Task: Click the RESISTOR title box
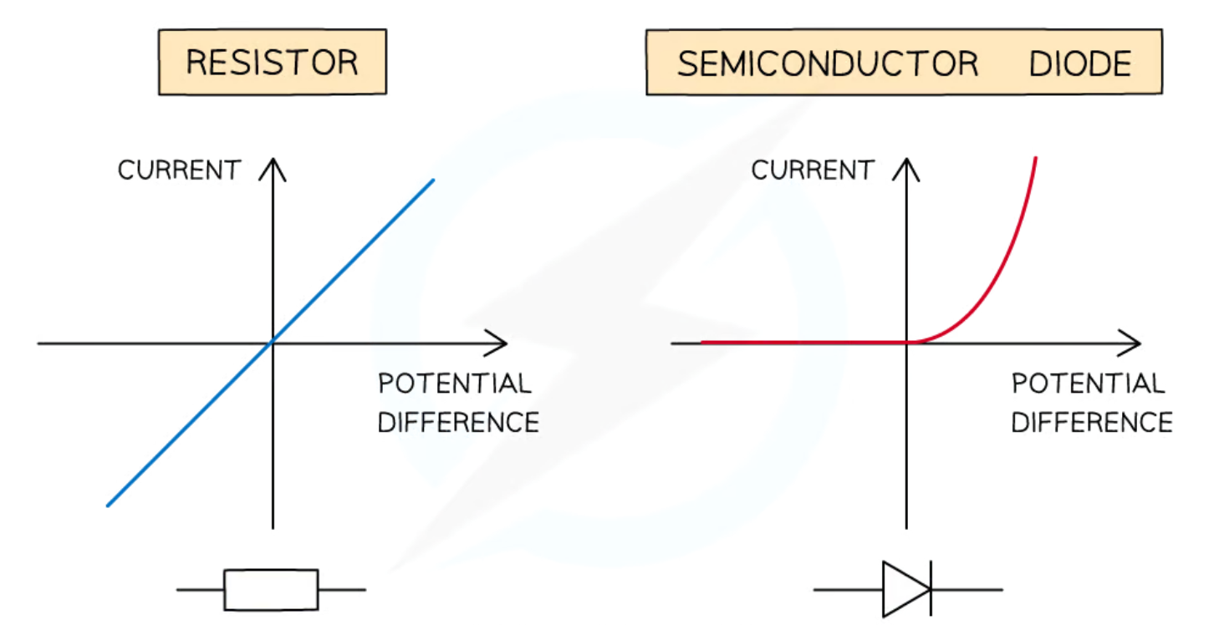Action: click(x=272, y=63)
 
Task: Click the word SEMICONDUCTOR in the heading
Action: click(x=827, y=64)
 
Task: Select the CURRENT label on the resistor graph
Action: click(x=179, y=170)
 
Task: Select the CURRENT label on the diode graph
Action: click(x=812, y=170)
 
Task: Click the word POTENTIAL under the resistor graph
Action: click(x=454, y=384)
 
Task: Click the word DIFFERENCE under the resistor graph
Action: click(x=458, y=422)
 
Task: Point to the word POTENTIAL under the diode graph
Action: click(x=1088, y=384)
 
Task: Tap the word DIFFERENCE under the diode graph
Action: click(x=1092, y=422)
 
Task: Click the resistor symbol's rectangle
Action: click(x=271, y=590)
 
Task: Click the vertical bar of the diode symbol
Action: click(x=931, y=590)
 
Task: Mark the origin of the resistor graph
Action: click(x=273, y=343)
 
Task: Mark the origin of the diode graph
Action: click(x=906, y=343)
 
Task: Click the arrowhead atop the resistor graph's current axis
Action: click(x=273, y=164)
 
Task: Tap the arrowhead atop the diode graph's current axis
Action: click(x=906, y=164)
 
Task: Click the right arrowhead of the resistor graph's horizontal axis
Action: click(x=502, y=343)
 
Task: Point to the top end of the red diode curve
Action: click(x=1036, y=158)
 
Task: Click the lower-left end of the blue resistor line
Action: click(x=108, y=505)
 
